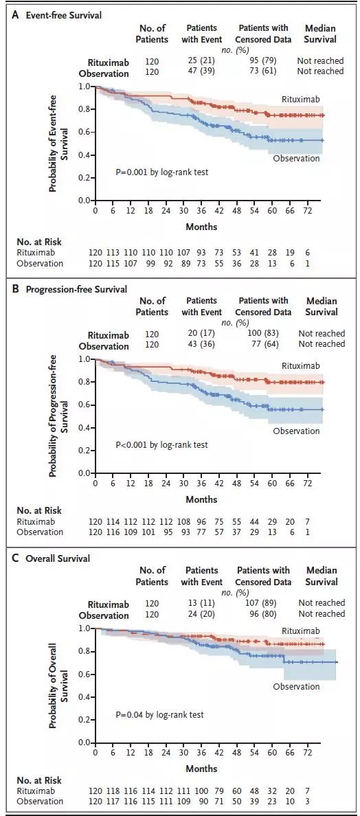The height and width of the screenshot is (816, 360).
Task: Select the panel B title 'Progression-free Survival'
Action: tap(76, 289)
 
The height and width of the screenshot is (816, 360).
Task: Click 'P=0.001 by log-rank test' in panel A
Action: tap(161, 172)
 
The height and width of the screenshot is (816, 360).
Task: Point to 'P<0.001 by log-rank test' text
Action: tap(161, 445)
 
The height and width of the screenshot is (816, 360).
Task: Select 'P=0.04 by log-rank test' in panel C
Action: tap(159, 715)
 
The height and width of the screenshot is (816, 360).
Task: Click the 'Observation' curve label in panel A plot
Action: tap(297, 159)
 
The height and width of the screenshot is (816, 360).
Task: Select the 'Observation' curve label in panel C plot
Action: tap(297, 687)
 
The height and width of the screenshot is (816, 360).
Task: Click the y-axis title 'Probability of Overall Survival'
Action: tap(58, 685)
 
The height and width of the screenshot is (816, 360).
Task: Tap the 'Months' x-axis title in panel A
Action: tap(201, 227)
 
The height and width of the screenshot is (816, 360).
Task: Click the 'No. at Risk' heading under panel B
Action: tap(39, 510)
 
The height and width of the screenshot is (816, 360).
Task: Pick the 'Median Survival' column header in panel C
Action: tap(321, 576)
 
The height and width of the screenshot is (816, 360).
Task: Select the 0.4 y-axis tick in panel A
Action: tap(85, 155)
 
